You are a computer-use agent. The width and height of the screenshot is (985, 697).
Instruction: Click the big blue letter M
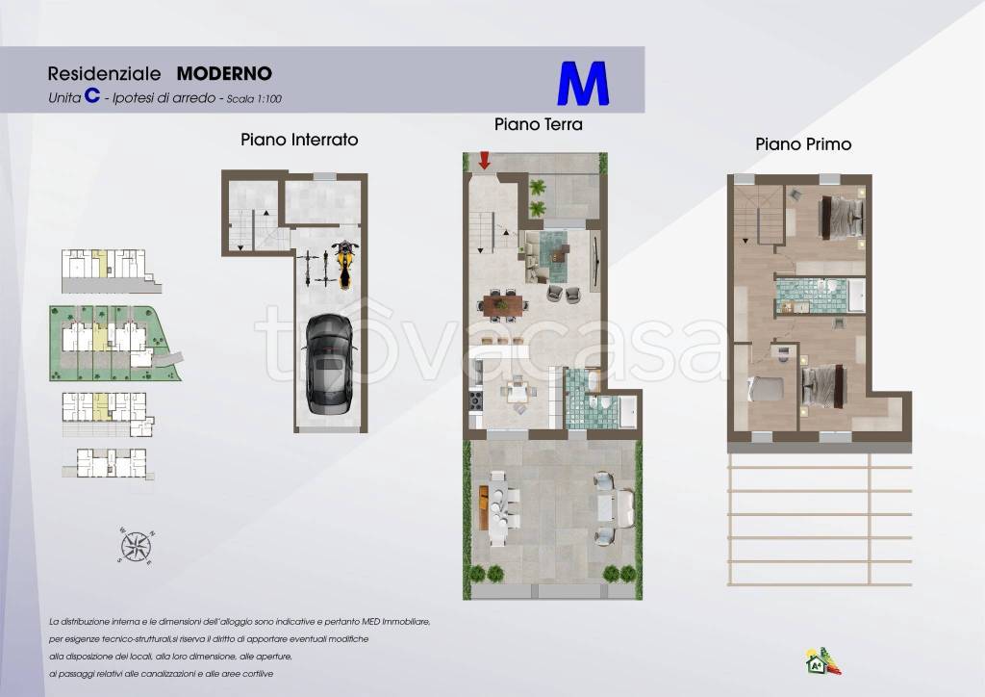pos(583,83)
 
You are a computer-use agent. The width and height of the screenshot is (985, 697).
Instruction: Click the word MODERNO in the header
pos(224,73)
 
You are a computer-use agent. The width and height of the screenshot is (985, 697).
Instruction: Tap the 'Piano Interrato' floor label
pos(300,140)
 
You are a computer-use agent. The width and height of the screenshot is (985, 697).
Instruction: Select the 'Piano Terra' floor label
pos(539,124)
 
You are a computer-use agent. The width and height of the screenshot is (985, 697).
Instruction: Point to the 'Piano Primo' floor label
pos(803,144)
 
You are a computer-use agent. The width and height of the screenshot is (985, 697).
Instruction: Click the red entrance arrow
pos(485,160)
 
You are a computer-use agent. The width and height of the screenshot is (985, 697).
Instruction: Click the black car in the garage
pos(328,365)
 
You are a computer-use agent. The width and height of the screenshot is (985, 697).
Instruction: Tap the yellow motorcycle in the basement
pos(343,264)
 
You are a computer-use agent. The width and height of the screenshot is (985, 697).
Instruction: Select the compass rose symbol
pos(136,546)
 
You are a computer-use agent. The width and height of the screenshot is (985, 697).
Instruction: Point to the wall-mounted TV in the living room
pos(595,257)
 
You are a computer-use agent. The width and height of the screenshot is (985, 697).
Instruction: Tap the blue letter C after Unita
pos(92,95)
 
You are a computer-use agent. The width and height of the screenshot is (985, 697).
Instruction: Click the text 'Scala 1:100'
pos(254,98)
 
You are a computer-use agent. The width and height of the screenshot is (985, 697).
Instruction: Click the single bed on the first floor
pos(766,388)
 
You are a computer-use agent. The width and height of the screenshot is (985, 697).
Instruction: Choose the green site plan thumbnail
pos(115,343)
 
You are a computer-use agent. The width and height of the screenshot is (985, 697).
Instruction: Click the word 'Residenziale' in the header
pos(104,73)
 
